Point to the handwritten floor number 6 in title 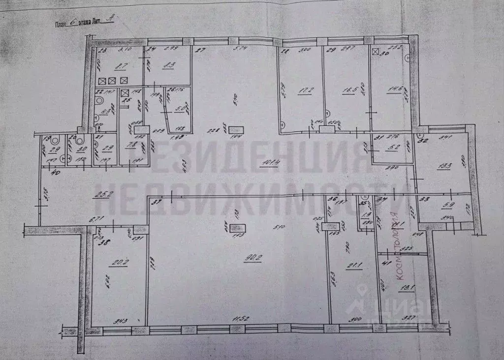pyautogui.click(x=73, y=23)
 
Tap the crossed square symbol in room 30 pyautogui.click(x=376, y=52)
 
